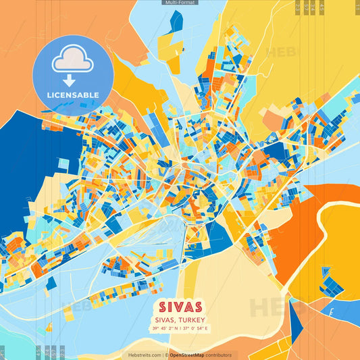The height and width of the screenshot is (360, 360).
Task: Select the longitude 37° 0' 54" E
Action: tap(196, 329)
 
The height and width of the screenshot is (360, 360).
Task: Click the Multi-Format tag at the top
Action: tap(180, 3)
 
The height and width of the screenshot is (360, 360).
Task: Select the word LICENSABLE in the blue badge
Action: tap(72, 95)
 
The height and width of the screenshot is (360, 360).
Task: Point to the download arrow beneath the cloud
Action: tap(70, 80)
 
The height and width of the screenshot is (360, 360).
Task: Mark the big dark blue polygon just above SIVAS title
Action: tap(216, 240)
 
